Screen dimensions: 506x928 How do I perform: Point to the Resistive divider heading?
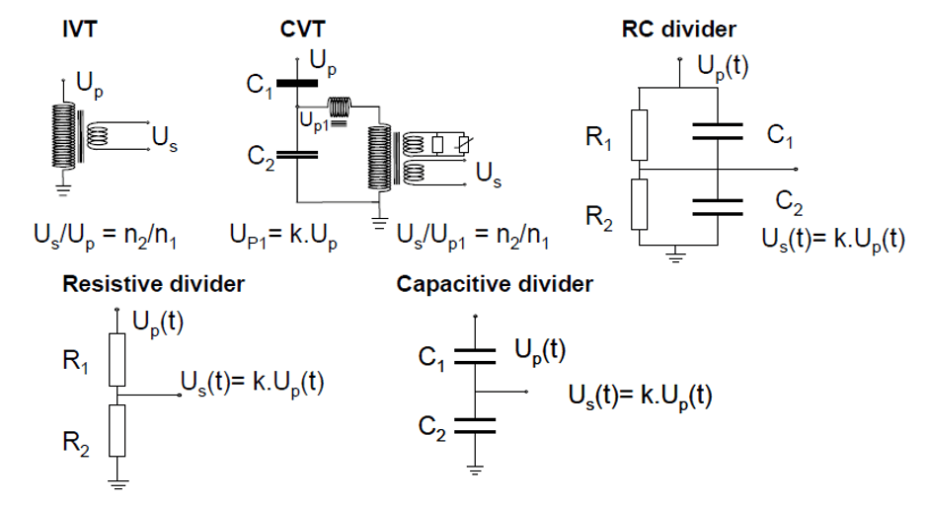[153, 285]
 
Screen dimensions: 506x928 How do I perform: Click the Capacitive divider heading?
[495, 285]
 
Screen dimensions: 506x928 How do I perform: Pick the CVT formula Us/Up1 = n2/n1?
[471, 238]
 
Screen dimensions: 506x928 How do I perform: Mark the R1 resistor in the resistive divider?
[117, 360]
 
